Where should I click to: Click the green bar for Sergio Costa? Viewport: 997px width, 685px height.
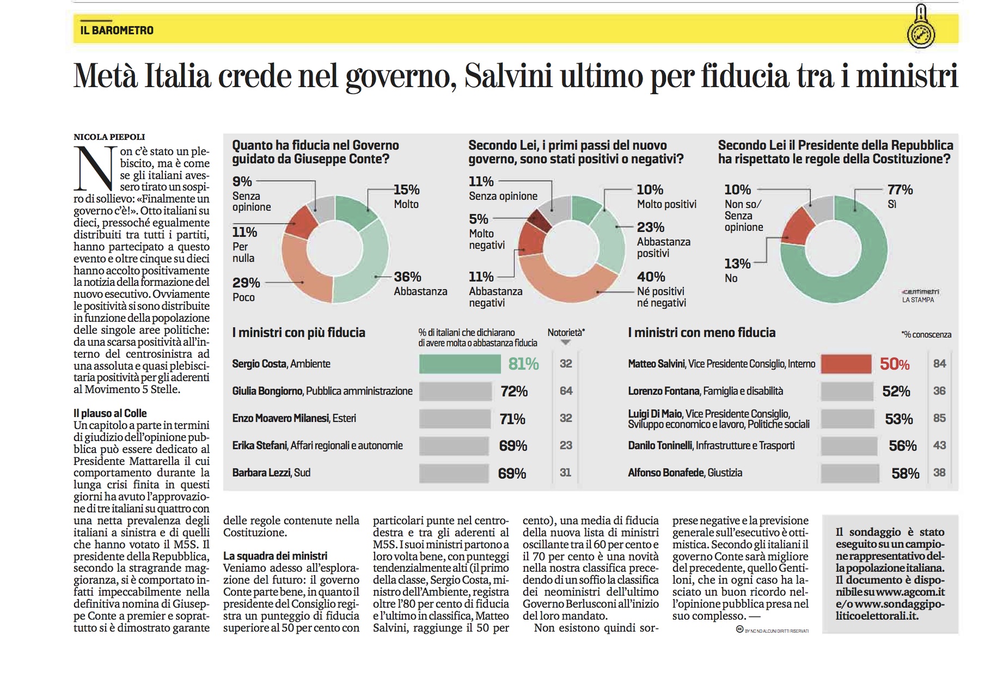460,364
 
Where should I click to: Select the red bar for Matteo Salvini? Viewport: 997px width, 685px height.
846,364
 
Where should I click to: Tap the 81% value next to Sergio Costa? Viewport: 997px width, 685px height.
523,364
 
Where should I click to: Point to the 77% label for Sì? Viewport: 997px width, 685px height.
900,189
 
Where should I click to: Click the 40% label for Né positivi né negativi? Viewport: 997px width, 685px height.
651,277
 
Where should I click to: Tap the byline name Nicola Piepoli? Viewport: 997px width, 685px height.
109,137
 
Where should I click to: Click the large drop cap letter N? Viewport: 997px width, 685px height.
95,168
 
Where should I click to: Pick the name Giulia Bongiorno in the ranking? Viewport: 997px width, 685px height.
268,391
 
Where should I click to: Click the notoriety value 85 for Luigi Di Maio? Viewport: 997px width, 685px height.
939,418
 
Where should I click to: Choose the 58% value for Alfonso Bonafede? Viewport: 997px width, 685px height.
905,473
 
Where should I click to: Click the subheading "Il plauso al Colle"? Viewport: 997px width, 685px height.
110,413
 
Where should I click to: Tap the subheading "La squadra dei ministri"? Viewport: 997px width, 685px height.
275,556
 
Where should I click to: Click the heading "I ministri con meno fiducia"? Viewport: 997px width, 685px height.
701,333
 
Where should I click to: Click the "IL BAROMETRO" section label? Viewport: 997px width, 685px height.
117,30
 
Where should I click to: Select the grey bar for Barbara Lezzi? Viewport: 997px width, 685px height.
454,473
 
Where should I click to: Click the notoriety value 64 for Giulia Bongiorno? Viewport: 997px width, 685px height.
566,391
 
